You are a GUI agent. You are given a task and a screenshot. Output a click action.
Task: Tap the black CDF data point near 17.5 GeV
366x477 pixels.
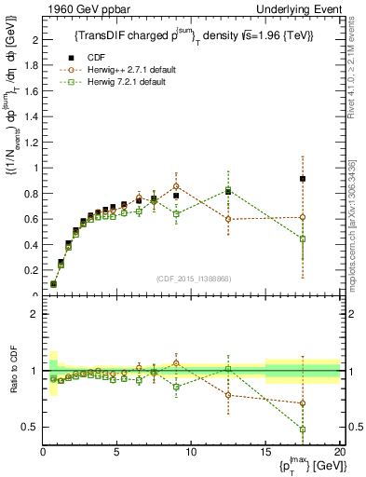tap(303, 179)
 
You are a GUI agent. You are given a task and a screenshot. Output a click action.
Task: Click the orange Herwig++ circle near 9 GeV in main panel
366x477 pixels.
tap(176, 186)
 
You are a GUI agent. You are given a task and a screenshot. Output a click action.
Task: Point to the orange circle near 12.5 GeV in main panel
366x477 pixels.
tap(228, 219)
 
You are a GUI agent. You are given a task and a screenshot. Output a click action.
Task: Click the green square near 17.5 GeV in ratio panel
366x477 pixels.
tap(303, 429)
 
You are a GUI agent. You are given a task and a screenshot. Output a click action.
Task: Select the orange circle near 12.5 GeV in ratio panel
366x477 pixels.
tap(228, 395)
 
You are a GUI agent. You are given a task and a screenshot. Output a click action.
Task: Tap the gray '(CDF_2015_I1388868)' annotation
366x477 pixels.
tap(192, 279)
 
